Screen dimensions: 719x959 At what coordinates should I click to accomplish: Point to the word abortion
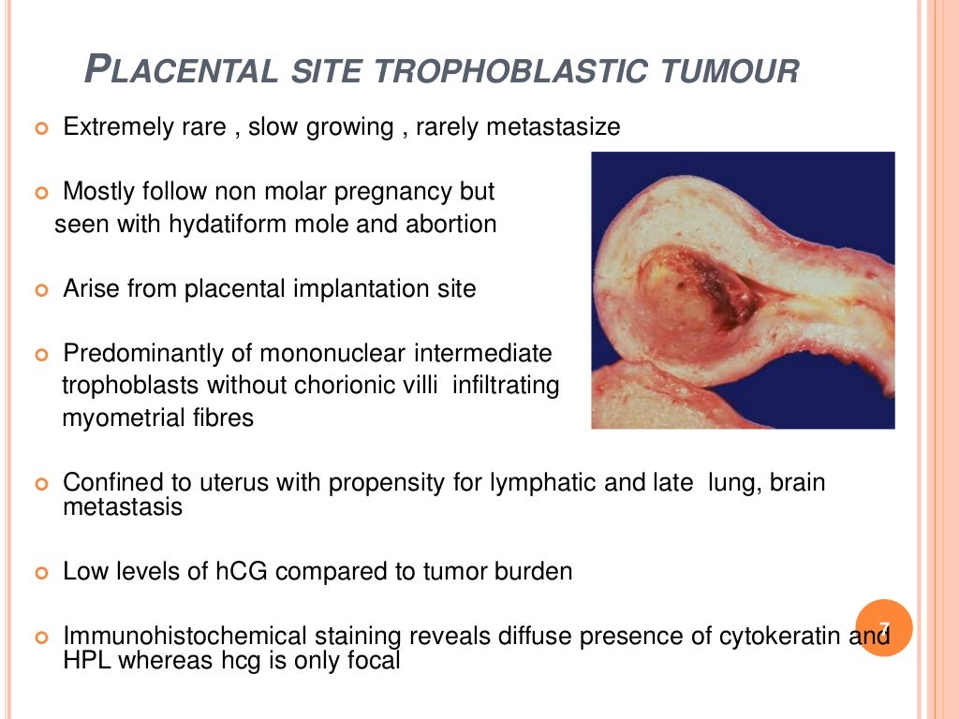[451, 225]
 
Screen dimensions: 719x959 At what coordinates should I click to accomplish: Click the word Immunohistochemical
[184, 637]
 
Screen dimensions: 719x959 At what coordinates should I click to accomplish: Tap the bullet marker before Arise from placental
[40, 290]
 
